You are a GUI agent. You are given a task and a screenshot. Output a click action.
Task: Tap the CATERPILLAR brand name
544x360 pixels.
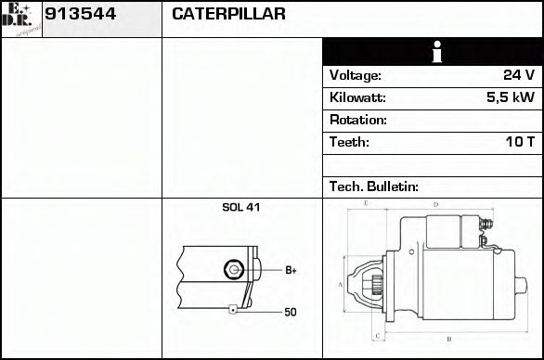click(x=228, y=15)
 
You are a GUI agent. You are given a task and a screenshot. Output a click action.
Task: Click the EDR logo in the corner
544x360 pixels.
click(x=21, y=19)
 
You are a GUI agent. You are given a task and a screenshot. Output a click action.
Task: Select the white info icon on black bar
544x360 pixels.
click(x=432, y=52)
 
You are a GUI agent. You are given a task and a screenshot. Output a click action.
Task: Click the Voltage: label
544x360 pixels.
click(x=355, y=75)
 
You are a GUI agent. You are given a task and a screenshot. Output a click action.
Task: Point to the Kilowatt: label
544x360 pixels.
click(x=357, y=97)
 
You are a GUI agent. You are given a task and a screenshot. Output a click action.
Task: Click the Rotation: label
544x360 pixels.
click(x=357, y=120)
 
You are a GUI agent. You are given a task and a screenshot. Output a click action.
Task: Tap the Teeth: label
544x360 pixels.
click(x=349, y=142)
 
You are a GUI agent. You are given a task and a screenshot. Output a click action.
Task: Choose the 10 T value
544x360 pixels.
click(x=519, y=142)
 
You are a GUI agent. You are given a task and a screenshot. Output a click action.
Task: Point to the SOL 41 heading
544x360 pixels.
click(x=240, y=207)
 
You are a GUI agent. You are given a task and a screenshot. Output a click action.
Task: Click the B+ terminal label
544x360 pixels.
click(x=290, y=270)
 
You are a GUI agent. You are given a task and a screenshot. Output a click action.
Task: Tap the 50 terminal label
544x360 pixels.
click(x=290, y=313)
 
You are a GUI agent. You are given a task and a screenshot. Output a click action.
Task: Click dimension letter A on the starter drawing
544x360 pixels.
click(x=340, y=284)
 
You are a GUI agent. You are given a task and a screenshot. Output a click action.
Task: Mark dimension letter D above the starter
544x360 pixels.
click(x=435, y=204)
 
